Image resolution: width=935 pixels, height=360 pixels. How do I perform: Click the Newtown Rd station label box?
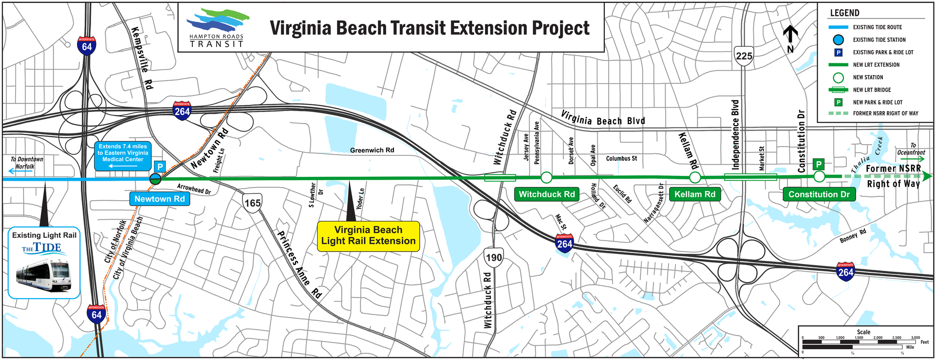(159, 199)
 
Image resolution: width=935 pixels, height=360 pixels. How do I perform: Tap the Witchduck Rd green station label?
(546, 194)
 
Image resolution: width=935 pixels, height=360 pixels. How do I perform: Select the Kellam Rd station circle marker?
(695, 177)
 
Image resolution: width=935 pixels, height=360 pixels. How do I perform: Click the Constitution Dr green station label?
(819, 194)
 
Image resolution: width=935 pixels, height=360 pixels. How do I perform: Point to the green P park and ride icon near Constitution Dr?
(819, 164)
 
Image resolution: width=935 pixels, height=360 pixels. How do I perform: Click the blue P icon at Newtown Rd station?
(160, 167)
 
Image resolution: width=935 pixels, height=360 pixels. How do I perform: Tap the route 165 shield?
(252, 203)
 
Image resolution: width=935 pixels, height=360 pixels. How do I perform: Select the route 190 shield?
(493, 257)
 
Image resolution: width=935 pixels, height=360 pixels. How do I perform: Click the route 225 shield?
(744, 56)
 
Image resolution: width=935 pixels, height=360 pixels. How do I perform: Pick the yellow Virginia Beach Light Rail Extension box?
(368, 236)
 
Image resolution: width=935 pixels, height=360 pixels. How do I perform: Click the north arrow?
(790, 38)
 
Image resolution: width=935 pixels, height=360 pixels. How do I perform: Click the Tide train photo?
(44, 275)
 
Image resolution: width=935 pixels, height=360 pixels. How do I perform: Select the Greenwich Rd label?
(372, 150)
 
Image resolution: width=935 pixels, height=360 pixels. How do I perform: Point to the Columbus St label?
(621, 158)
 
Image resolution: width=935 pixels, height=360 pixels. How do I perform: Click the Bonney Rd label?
(853, 236)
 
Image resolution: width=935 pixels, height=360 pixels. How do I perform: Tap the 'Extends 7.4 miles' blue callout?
(123, 156)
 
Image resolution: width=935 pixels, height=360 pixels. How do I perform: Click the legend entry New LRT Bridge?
(872, 90)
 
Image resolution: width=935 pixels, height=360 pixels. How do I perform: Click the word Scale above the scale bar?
(863, 332)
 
